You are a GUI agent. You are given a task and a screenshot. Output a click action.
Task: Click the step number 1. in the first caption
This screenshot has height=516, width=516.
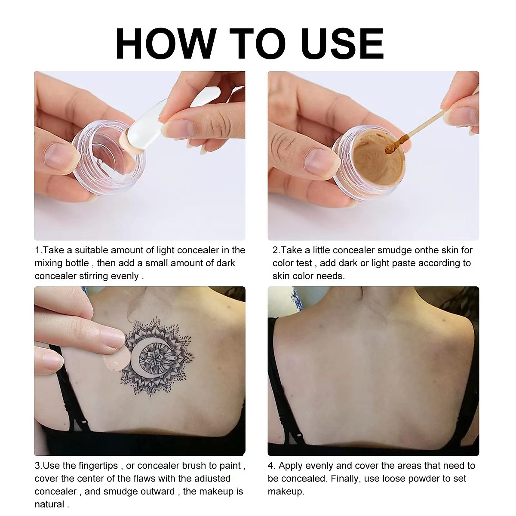[39, 250]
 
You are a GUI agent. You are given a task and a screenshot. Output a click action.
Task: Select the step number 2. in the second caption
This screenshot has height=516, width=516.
[276, 250]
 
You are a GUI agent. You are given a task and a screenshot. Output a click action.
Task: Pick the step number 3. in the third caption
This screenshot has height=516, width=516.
[39, 466]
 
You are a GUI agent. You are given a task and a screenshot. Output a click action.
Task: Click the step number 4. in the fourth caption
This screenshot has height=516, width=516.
[271, 466]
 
